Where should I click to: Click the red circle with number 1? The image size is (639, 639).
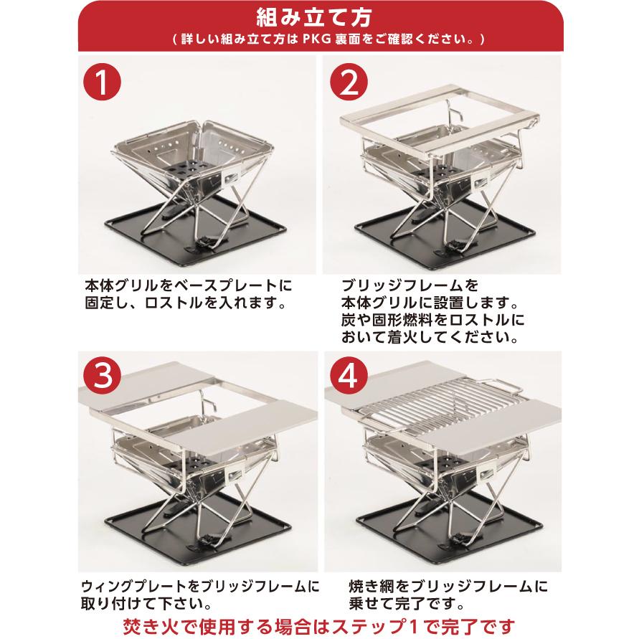click(103, 84)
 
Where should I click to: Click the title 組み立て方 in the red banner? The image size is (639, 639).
click(319, 16)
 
